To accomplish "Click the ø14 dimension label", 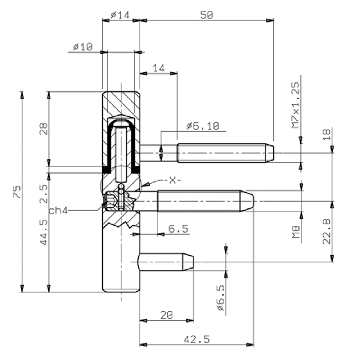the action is [x=120, y=15].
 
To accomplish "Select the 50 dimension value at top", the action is [x=207, y=15].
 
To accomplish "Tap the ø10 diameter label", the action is [x=83, y=47].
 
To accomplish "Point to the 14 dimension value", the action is [x=159, y=68].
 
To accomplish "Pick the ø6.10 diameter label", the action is [x=203, y=126].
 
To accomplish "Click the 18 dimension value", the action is [x=327, y=134].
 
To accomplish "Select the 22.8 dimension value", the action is [x=327, y=231].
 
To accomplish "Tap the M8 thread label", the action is [x=296, y=232].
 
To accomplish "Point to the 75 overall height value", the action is [x=17, y=192].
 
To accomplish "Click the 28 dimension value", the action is [x=43, y=129].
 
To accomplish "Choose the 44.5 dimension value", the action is [x=43, y=232].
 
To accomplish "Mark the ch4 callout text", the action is [x=58, y=211].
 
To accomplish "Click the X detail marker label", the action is [x=173, y=180].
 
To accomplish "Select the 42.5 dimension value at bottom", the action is [x=197, y=339].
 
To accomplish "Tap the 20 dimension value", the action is [x=166, y=315].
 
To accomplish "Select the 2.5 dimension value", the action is [x=43, y=194].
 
